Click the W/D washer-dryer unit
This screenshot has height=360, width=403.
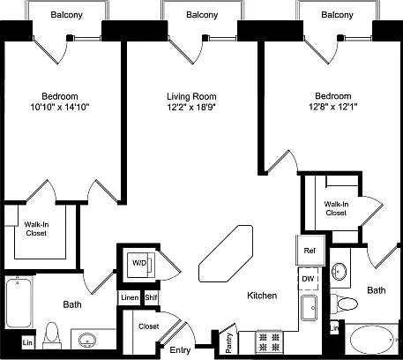pos(140,265)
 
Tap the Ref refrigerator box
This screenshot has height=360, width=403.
pos(310,251)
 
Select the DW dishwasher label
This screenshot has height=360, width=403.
pos(308,279)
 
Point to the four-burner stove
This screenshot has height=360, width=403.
pos(269,342)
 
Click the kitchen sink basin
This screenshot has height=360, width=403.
pos(309,308)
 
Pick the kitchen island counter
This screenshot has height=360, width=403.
pos(226,253)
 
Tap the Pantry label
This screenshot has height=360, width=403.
pos(228,342)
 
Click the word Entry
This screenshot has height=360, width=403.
pos(180,350)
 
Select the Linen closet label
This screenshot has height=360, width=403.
pos(130,297)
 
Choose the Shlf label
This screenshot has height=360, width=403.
pos(151,297)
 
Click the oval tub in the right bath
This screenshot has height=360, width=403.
pos(373,340)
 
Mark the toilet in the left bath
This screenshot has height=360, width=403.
pos(52,335)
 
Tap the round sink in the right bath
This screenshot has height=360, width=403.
pos(339,271)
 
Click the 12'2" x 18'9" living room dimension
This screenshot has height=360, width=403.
pos(191,107)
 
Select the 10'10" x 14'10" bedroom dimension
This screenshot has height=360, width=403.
pos(60,107)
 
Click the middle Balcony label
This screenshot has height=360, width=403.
pos(202,15)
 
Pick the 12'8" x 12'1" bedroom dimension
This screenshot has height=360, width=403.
pos(333,106)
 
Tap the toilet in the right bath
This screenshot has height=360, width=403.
pos(344,304)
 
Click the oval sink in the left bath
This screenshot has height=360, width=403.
pos(87,341)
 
